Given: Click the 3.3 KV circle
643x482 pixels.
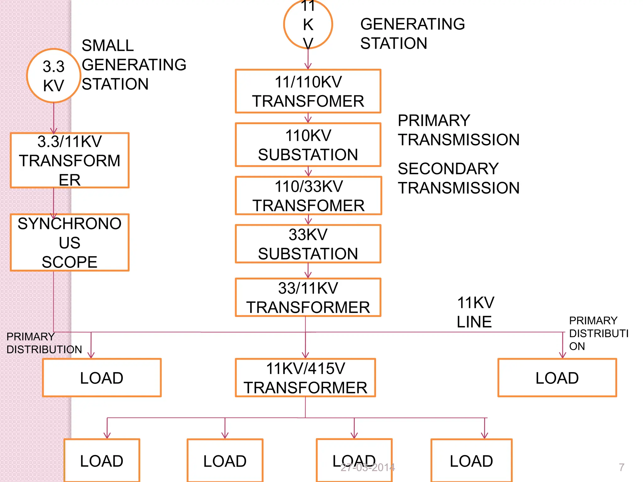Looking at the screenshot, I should (x=54, y=76).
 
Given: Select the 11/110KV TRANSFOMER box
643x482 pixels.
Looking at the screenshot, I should (x=308, y=91).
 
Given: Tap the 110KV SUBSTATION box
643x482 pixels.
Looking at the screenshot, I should (x=308, y=145).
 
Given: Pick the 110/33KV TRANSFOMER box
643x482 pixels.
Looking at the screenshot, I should (x=308, y=196).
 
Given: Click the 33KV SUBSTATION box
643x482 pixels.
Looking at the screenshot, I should (x=308, y=244).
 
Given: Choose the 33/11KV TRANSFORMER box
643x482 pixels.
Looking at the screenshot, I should (x=308, y=297).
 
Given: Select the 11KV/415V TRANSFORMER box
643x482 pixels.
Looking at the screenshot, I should (x=305, y=378).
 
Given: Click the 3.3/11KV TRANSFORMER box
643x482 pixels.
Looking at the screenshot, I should (x=70, y=160).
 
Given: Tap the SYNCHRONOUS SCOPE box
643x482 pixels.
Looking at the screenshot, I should (x=70, y=243).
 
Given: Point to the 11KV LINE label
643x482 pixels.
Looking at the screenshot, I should (x=475, y=312).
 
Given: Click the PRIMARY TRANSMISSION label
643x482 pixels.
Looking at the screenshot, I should (x=458, y=130).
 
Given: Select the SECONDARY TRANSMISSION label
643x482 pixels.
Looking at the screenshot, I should (x=458, y=178).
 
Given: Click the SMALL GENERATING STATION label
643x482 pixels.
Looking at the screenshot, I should (x=134, y=65).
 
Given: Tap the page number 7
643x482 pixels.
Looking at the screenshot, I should (x=621, y=467).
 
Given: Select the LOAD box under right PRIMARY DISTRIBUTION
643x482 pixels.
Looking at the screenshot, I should (x=557, y=378).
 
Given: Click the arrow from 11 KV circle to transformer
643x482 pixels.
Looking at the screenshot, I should (x=308, y=60).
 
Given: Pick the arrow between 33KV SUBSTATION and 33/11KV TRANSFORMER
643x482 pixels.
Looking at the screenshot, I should (x=308, y=270).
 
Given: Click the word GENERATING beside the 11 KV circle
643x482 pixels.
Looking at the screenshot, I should (x=413, y=24).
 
